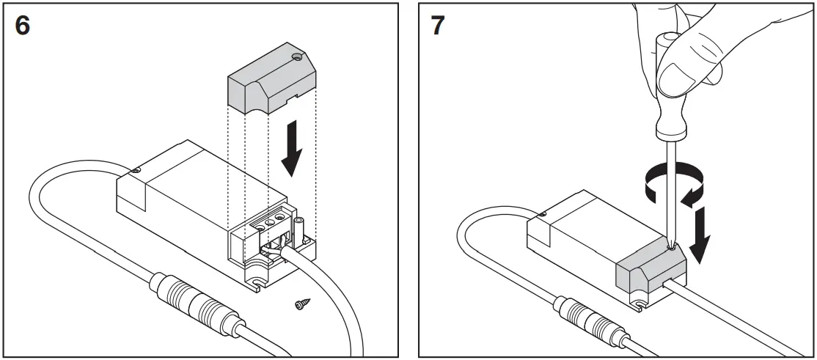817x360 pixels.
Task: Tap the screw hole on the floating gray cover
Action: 296,56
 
